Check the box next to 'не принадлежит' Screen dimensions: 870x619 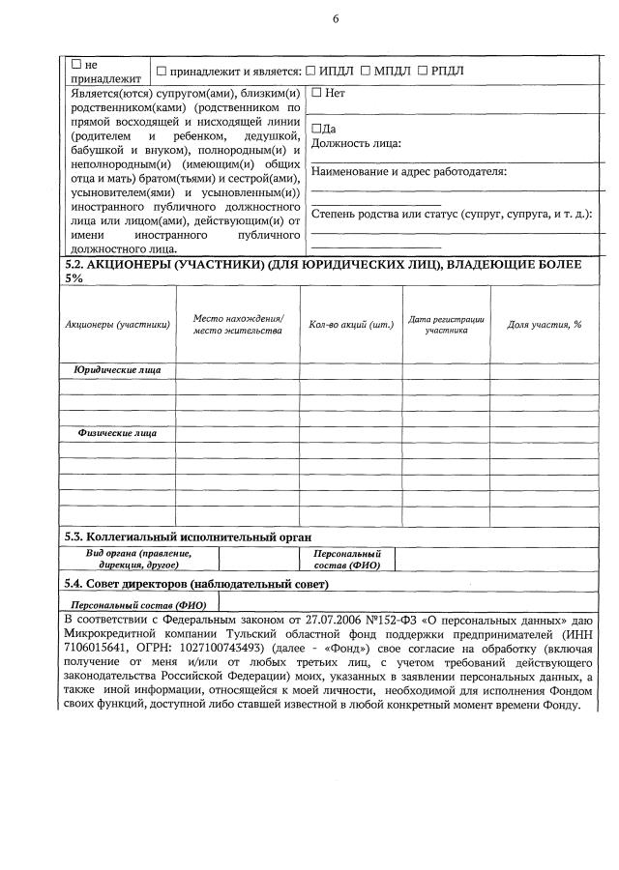(x=76, y=64)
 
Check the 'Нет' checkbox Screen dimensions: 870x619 (x=316, y=94)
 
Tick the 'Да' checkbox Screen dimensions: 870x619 (x=315, y=129)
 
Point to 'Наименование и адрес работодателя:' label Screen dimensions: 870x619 (x=408, y=172)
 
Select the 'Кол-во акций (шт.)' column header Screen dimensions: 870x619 (x=351, y=325)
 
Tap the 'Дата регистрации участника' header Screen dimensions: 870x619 (x=446, y=325)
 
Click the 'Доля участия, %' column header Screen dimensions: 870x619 (x=544, y=325)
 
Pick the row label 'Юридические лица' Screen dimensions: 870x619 (x=118, y=370)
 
